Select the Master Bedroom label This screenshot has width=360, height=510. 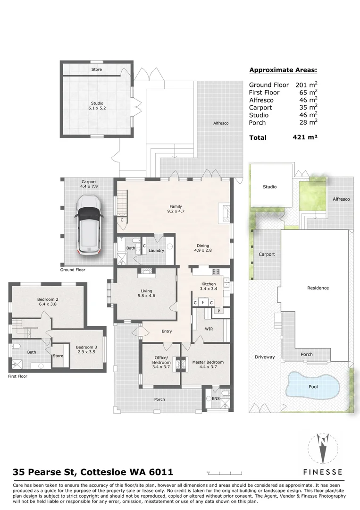[208, 363]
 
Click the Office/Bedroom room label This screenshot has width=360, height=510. [161, 360]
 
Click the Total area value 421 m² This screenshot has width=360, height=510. [305, 137]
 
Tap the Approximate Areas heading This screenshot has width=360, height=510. [283, 70]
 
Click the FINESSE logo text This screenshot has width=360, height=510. [322, 471]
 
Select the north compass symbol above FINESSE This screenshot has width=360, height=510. [322, 447]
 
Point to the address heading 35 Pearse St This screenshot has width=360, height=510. [93, 472]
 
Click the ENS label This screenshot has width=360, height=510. [216, 399]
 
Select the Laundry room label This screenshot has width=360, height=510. [156, 250]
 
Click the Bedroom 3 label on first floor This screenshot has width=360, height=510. [86, 348]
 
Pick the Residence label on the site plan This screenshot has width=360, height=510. [318, 288]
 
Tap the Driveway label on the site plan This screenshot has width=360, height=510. [264, 357]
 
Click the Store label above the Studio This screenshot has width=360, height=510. [96, 69]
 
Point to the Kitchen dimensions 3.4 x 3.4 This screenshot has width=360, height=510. [208, 288]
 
